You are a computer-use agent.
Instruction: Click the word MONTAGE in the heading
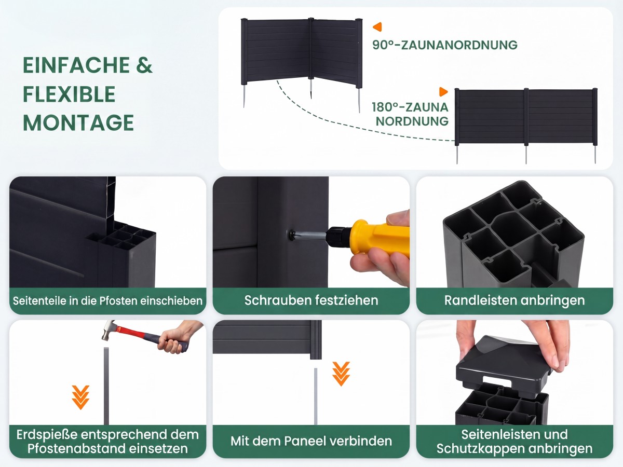point(78,122)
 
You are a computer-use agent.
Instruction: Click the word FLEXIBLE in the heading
point(69,94)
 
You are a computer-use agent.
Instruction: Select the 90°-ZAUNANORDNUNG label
point(445,45)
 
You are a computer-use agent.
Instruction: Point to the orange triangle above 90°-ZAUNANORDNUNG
point(377,27)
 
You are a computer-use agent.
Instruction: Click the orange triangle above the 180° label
point(443,92)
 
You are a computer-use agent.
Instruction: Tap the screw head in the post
point(292,235)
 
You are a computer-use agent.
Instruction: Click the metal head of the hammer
point(109,331)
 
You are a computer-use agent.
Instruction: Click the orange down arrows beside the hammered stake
point(80,397)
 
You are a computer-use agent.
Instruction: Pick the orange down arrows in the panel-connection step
point(341,374)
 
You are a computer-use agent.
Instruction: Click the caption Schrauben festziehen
point(311,300)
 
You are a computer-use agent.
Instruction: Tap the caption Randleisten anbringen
point(514,300)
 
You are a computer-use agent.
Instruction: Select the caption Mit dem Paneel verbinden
point(311,441)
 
